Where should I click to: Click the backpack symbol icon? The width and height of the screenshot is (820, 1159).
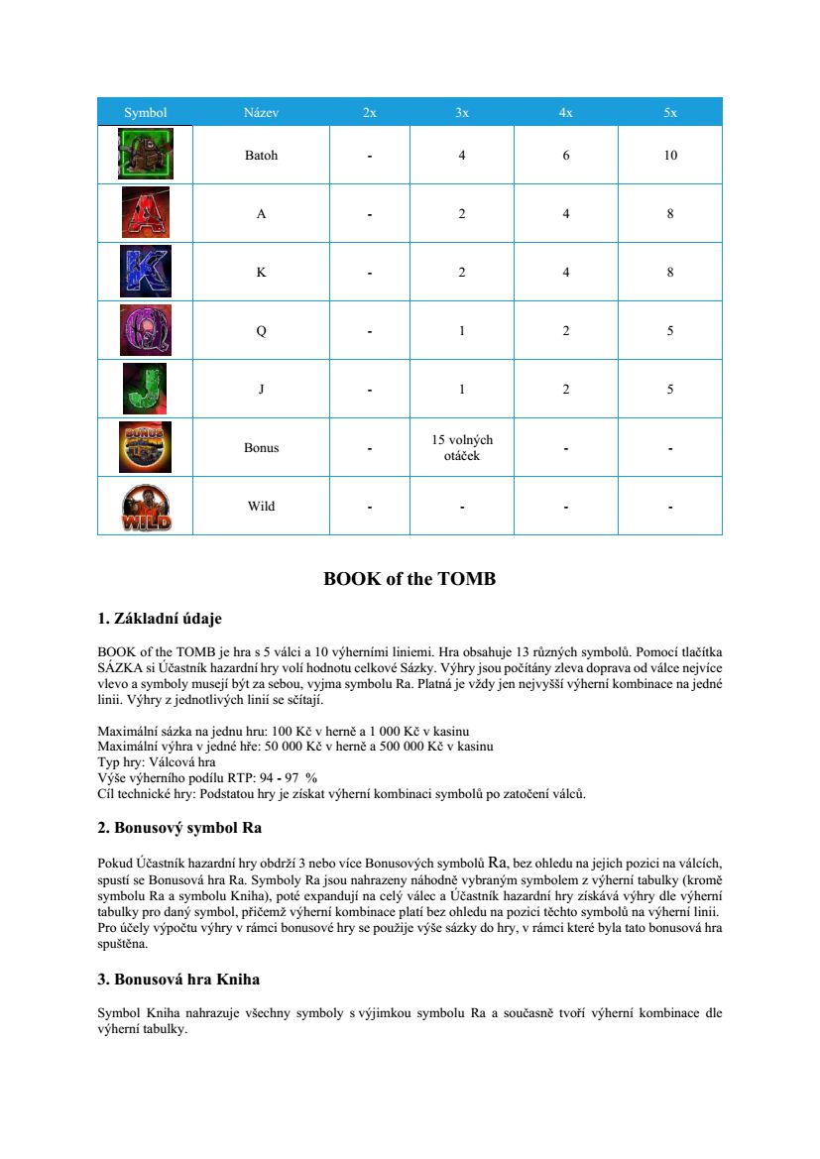tap(145, 154)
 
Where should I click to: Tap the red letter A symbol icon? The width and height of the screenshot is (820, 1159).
tap(145, 212)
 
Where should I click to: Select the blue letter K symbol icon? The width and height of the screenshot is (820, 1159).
tap(145, 271)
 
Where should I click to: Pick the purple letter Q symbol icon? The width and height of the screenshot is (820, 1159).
tap(145, 330)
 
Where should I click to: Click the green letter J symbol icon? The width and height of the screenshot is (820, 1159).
tap(145, 389)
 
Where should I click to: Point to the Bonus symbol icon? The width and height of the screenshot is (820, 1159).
tap(145, 447)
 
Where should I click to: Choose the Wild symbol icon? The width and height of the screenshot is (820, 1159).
tap(145, 507)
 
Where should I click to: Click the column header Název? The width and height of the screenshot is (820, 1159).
tap(261, 112)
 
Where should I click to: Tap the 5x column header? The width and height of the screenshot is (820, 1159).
tap(670, 112)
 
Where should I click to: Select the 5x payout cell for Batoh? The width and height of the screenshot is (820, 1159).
tap(670, 155)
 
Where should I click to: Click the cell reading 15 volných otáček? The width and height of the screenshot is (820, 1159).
tap(462, 447)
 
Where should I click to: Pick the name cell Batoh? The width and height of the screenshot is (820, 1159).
tap(261, 155)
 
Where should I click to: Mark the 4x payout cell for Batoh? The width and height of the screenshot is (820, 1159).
tap(565, 155)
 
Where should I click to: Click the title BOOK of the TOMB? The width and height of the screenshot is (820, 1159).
tap(410, 579)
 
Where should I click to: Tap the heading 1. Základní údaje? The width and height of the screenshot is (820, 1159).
tap(160, 620)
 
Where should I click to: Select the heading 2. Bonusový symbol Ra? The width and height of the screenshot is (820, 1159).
tap(179, 826)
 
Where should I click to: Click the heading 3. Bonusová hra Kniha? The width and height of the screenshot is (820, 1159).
tap(178, 980)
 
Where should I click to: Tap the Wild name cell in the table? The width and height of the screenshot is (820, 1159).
tap(261, 507)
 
